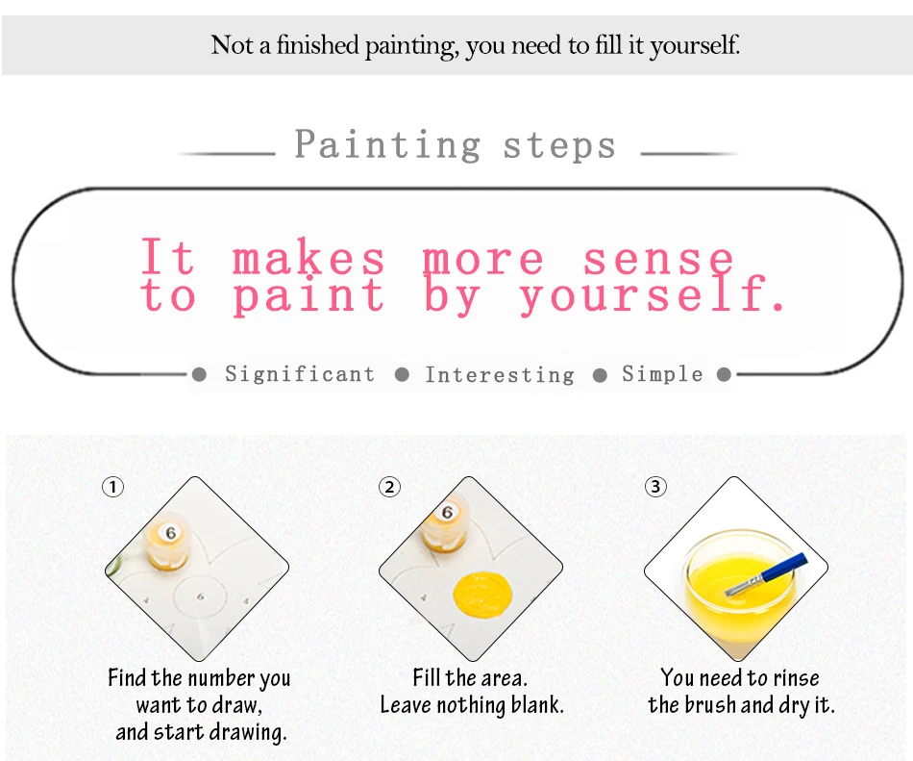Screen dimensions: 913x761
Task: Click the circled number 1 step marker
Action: (x=113, y=487)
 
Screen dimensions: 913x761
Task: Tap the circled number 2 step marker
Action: (x=389, y=487)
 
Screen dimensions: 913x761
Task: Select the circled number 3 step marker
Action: (x=655, y=487)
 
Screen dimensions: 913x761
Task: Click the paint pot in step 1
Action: (x=166, y=543)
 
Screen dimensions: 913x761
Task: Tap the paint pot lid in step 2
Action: (x=447, y=513)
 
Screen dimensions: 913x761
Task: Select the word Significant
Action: (x=300, y=374)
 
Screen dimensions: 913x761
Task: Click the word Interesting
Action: (x=500, y=374)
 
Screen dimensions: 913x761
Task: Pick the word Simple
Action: (x=662, y=374)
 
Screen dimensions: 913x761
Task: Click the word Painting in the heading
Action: (x=388, y=144)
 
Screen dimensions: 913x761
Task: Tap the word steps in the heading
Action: (x=559, y=145)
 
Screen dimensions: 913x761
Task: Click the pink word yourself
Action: (x=652, y=294)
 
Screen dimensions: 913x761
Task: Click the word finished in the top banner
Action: (x=317, y=45)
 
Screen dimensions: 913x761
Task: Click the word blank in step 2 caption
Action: (x=538, y=705)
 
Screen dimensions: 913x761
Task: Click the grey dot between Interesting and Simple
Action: (x=600, y=374)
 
